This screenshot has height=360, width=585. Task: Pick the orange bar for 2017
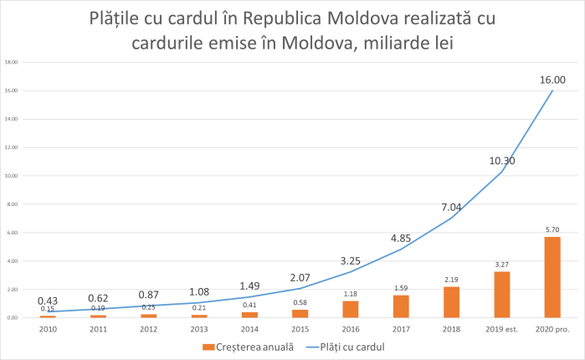click(x=401, y=306)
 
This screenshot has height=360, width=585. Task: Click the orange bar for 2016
click(x=351, y=310)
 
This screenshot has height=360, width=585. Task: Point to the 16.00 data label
click(x=553, y=80)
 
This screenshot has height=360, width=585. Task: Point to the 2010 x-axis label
click(x=48, y=329)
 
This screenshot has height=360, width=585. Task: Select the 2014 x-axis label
click(x=249, y=329)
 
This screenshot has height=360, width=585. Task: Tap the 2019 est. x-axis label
click(x=502, y=329)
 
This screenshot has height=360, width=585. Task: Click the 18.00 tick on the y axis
click(x=12, y=62)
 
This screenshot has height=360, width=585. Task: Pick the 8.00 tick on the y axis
click(x=13, y=204)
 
